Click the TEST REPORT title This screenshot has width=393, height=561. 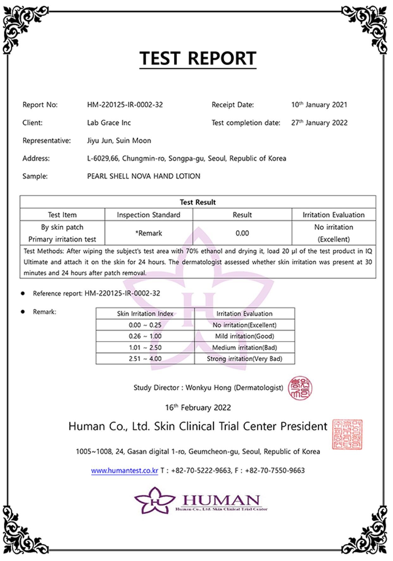pos(198,58)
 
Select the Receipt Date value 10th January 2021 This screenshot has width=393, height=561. pos(319,105)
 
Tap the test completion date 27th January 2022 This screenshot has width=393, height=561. pos(319,123)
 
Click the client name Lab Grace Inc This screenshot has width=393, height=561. pos(109,123)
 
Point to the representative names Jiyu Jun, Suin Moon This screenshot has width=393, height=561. pos(119,141)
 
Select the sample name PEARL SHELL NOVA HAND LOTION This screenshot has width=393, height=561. pos(144,176)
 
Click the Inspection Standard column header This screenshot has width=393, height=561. pos(148,215)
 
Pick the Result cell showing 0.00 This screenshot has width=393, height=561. pos(242,233)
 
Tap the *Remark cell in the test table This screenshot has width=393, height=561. pos(148,233)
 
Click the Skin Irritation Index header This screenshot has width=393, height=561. pos(145,314)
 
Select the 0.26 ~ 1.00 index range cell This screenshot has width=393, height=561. pos(145,336)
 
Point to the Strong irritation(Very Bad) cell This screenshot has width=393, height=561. pos(244,359)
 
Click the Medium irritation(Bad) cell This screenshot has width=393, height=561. pos(244,347)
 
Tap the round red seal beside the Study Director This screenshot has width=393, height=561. pos(300,388)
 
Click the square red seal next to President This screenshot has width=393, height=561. pos(347,434)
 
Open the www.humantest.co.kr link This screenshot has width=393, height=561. pos(124,470)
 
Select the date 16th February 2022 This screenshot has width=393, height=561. pos(198,407)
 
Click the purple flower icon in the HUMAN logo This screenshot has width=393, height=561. pos(154,500)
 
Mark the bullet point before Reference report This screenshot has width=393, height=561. pos(23,293)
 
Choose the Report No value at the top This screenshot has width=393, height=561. pos(125,105)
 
